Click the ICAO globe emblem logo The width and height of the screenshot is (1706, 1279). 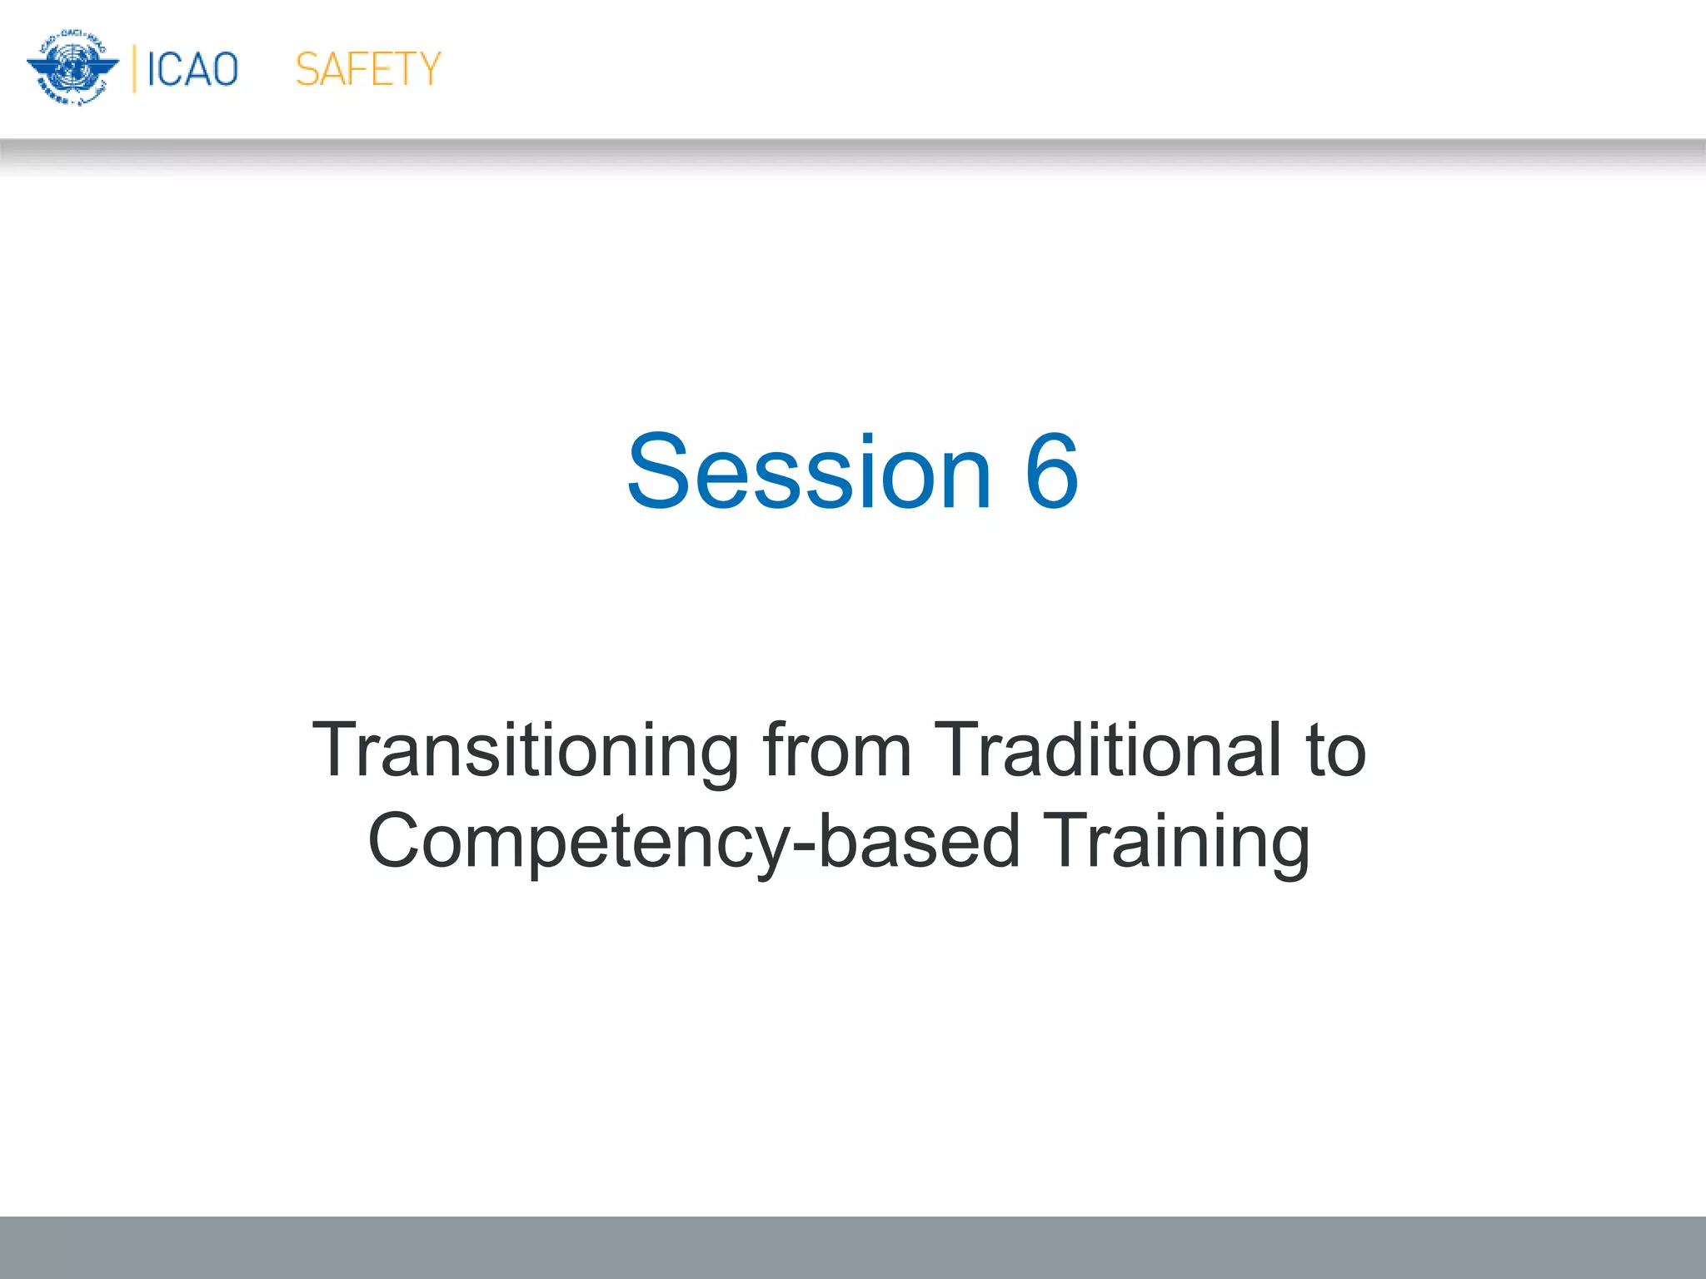(72, 68)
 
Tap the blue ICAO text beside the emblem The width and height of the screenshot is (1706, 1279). (192, 69)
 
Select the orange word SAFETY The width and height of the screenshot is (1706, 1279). (367, 69)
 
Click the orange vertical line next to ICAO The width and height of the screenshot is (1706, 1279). (134, 69)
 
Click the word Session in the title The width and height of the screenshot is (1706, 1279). (809, 471)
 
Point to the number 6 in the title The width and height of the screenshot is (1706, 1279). (1051, 471)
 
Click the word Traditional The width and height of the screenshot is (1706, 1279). (1107, 750)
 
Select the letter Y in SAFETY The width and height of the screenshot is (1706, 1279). (427, 69)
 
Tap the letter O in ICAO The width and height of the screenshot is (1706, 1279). (224, 69)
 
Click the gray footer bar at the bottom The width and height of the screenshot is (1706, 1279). (853, 1247)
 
